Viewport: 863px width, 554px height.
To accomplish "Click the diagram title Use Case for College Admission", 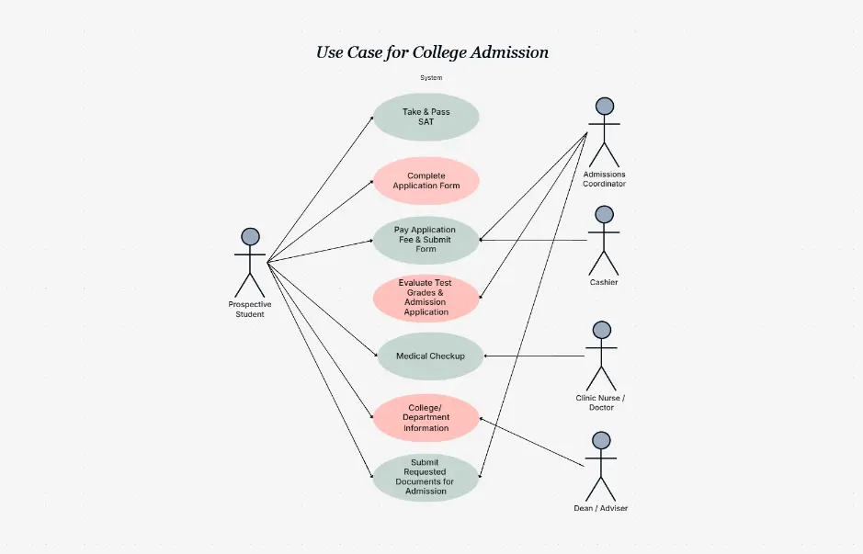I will pos(432,52).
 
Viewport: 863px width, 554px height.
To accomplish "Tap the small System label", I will pos(431,78).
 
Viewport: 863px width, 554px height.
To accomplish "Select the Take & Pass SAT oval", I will pos(426,117).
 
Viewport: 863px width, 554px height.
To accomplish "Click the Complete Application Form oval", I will pos(426,181).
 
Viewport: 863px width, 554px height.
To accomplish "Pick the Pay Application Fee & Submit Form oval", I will pos(426,240).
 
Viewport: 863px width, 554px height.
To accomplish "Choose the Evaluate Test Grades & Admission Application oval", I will pos(426,298).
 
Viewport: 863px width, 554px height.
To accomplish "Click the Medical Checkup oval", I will pos(430,356).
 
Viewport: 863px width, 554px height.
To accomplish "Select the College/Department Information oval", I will pos(426,418).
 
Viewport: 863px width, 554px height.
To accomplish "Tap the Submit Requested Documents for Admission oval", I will pos(426,477).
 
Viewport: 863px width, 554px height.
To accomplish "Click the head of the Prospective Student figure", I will pos(250,237).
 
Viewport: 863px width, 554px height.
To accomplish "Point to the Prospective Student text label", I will pos(250,310).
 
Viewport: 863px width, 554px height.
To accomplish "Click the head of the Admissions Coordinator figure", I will pos(604,107).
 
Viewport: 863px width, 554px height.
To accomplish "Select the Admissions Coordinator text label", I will pos(604,179).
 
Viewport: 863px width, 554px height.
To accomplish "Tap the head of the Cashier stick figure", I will pos(604,214).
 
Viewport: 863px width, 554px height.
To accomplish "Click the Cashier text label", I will pos(604,282).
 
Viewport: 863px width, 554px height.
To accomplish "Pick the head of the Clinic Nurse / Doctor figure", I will pos(601,330).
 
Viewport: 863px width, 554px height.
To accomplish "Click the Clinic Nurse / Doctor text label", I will pos(601,402).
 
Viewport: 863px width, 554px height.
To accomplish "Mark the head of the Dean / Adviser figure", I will pos(601,440).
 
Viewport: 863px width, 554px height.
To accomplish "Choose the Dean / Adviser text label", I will pos(601,508).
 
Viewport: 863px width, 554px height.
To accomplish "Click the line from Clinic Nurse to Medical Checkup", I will pos(533,356).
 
